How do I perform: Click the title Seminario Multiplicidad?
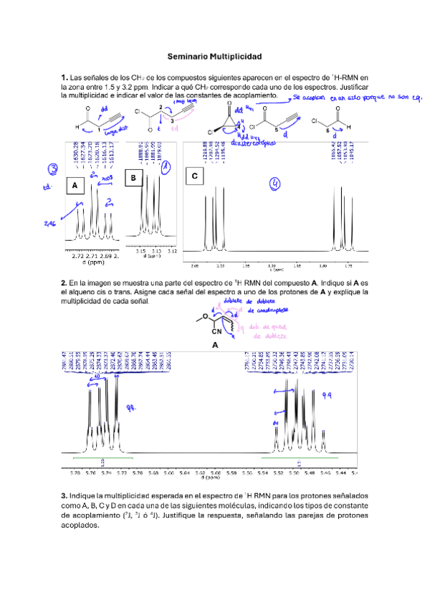214,56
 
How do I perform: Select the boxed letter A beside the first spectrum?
75,186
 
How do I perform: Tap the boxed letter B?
133,176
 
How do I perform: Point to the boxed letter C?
195,176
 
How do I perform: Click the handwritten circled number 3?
53,169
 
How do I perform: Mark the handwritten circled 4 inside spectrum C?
274,185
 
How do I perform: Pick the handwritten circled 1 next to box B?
166,168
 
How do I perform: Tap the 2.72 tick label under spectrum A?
79,255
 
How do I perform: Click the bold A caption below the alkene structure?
215,344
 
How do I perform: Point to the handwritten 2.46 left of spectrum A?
49,224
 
